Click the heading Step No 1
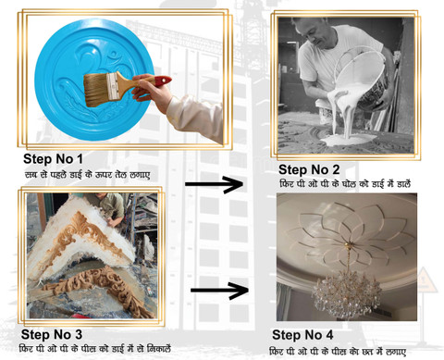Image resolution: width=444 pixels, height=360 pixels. (53, 159)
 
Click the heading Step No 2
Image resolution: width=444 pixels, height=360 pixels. (309, 169)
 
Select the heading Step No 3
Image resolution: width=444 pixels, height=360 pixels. (52, 334)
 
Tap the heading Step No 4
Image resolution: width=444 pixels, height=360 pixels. (302, 335)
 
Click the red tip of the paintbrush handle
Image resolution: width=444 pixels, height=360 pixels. (163, 81)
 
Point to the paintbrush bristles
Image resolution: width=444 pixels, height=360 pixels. (96, 90)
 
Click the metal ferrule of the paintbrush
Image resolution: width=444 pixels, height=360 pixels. (113, 86)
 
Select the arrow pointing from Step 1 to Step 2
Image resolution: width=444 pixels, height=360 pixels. (215, 184)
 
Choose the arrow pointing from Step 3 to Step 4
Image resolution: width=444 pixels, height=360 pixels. (219, 291)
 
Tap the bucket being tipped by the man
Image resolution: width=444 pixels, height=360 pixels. (363, 81)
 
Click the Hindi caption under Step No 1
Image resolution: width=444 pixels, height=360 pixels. (88, 174)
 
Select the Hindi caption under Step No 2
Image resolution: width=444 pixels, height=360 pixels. (345, 184)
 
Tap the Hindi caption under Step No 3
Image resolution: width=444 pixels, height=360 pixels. (95, 349)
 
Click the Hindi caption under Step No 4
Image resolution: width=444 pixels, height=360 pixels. (338, 351)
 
